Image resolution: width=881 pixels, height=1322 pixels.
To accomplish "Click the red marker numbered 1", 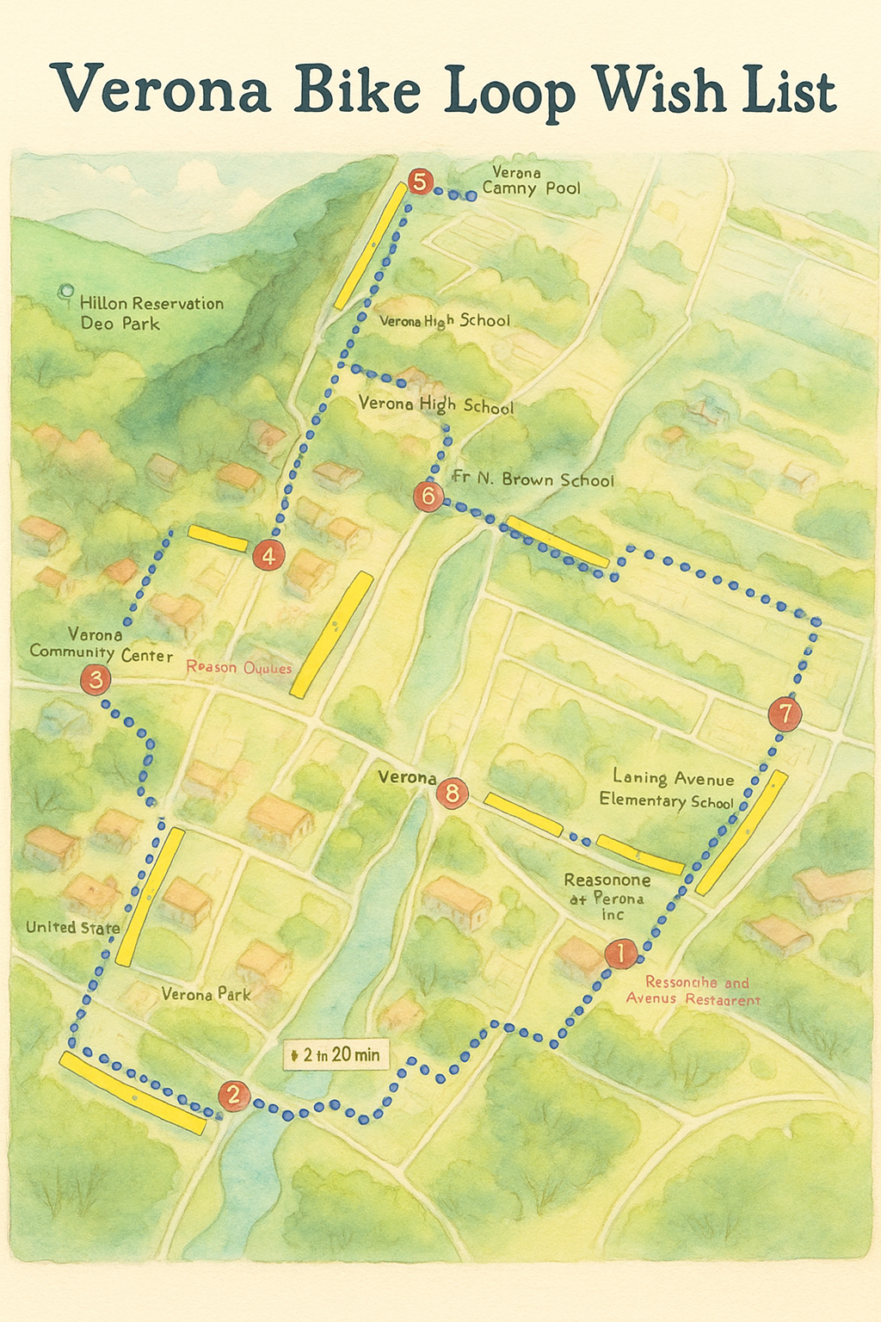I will coord(620,953).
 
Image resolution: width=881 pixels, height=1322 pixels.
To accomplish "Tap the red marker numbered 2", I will coord(233,1096).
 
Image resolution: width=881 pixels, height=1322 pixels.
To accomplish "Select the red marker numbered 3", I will coord(95,680).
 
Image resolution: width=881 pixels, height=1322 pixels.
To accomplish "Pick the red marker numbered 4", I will coord(268,556).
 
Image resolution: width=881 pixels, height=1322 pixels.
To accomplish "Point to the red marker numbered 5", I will coord(420,182).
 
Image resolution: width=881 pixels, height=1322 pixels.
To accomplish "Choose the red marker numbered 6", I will coord(428,497).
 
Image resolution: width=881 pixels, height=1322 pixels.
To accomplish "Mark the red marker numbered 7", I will coord(785,714).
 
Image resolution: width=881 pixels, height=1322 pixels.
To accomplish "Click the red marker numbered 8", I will coord(452,792).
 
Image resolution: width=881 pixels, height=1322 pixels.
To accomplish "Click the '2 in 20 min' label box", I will coord(336,1054).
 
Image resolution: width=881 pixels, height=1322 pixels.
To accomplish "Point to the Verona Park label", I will coord(206,994).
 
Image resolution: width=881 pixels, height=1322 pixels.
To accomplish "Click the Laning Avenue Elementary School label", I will coord(667,789).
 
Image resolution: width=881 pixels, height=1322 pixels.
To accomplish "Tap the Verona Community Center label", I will coord(100,645).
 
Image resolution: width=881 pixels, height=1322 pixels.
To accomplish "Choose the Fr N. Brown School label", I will coord(533,479).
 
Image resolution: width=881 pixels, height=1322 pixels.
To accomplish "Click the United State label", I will coord(73,927).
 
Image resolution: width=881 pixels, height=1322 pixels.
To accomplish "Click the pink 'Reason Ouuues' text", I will coord(239,668).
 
